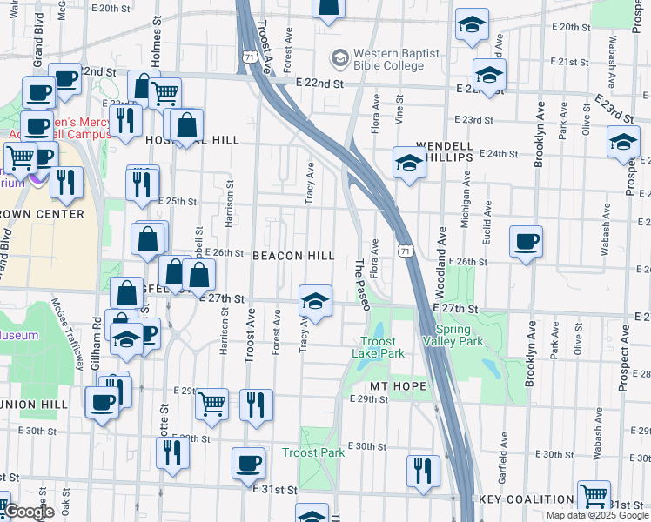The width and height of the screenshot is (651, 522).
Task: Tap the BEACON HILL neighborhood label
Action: point(293,256)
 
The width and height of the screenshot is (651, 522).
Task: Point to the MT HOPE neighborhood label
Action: point(398,385)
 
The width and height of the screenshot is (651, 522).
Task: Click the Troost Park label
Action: point(313,452)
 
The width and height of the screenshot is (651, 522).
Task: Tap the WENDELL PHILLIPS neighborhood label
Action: point(444,151)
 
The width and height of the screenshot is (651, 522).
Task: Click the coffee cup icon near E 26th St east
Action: point(526,242)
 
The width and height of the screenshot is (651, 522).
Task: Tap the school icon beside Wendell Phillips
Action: point(408,162)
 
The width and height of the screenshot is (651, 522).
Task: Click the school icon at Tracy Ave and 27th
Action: point(315,301)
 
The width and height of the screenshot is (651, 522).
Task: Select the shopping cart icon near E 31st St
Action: point(594,496)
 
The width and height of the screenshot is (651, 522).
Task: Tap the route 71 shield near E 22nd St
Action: point(248,57)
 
